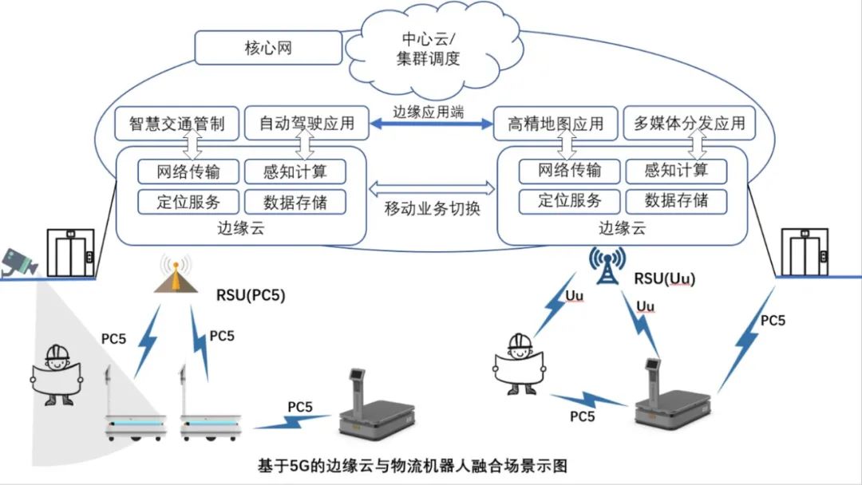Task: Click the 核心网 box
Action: pyautogui.click(x=267, y=49)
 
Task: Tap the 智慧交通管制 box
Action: pyautogui.click(x=176, y=124)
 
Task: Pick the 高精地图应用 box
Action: pyautogui.click(x=556, y=124)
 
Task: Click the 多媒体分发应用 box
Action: pyautogui.click(x=689, y=124)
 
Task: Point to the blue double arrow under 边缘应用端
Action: pyautogui.click(x=430, y=124)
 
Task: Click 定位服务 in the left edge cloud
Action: pyautogui.click(x=188, y=200)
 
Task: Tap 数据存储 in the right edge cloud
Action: pyautogui.click(x=676, y=200)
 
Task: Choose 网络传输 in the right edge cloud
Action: pyautogui.click(x=570, y=171)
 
